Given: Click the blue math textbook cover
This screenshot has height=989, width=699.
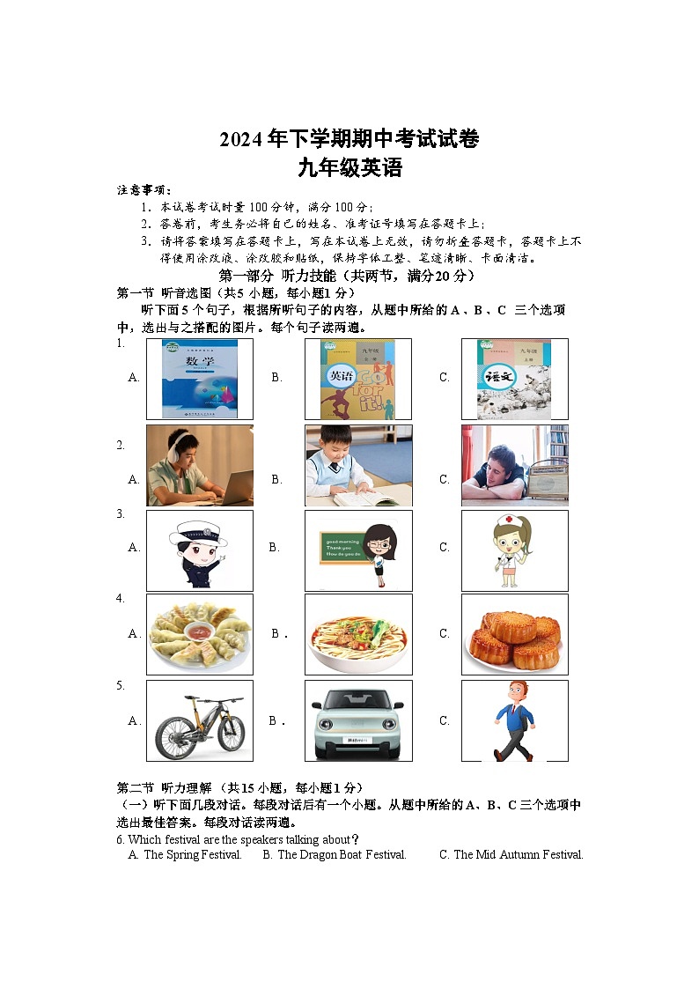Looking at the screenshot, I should point(200,379).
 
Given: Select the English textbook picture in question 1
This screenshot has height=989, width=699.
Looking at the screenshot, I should point(358,379).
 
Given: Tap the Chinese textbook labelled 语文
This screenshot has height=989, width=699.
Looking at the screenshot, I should point(514,379).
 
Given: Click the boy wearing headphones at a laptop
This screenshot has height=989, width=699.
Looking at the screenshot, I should point(199,465).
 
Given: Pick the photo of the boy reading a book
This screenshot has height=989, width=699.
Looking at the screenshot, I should point(357,465).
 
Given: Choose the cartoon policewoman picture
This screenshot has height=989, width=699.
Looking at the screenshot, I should point(199,550).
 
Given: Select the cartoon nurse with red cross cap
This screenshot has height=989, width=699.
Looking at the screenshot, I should point(514,550).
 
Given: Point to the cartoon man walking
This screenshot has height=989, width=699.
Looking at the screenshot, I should point(513,720).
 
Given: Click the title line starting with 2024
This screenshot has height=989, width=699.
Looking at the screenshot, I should point(349,139).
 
